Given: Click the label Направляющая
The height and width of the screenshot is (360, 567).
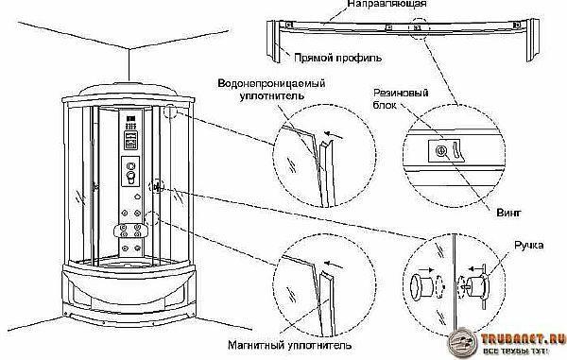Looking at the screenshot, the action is click(x=387, y=4).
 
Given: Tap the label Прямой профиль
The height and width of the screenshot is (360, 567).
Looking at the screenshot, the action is click(x=337, y=58).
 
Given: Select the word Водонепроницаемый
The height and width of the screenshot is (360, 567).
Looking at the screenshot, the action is click(x=271, y=83).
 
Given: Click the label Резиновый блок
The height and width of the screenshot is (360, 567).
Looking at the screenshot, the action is click(x=401, y=98).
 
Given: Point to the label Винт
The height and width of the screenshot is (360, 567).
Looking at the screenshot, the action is click(x=508, y=213).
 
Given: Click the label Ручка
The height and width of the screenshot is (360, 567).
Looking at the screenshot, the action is click(x=529, y=246).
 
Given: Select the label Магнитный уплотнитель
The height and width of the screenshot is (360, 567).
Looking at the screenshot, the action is click(x=290, y=345).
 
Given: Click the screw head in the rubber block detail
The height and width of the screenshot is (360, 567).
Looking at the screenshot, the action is click(x=440, y=151).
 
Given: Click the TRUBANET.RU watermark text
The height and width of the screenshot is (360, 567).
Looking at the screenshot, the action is click(x=523, y=339).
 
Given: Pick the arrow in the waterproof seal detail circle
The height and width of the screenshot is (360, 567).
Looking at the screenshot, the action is click(x=334, y=135).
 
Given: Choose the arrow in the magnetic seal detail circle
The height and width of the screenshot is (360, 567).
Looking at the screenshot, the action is click(x=334, y=265).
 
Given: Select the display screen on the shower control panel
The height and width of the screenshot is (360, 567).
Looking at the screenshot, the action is click(x=130, y=140).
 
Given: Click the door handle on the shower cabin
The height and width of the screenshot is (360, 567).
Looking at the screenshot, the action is click(x=157, y=187).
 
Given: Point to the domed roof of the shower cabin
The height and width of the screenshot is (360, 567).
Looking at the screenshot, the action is click(x=128, y=89).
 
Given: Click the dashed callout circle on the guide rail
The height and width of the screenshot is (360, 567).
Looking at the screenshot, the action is click(x=420, y=28).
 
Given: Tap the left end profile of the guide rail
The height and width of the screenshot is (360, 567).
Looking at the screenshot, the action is click(x=273, y=41).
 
